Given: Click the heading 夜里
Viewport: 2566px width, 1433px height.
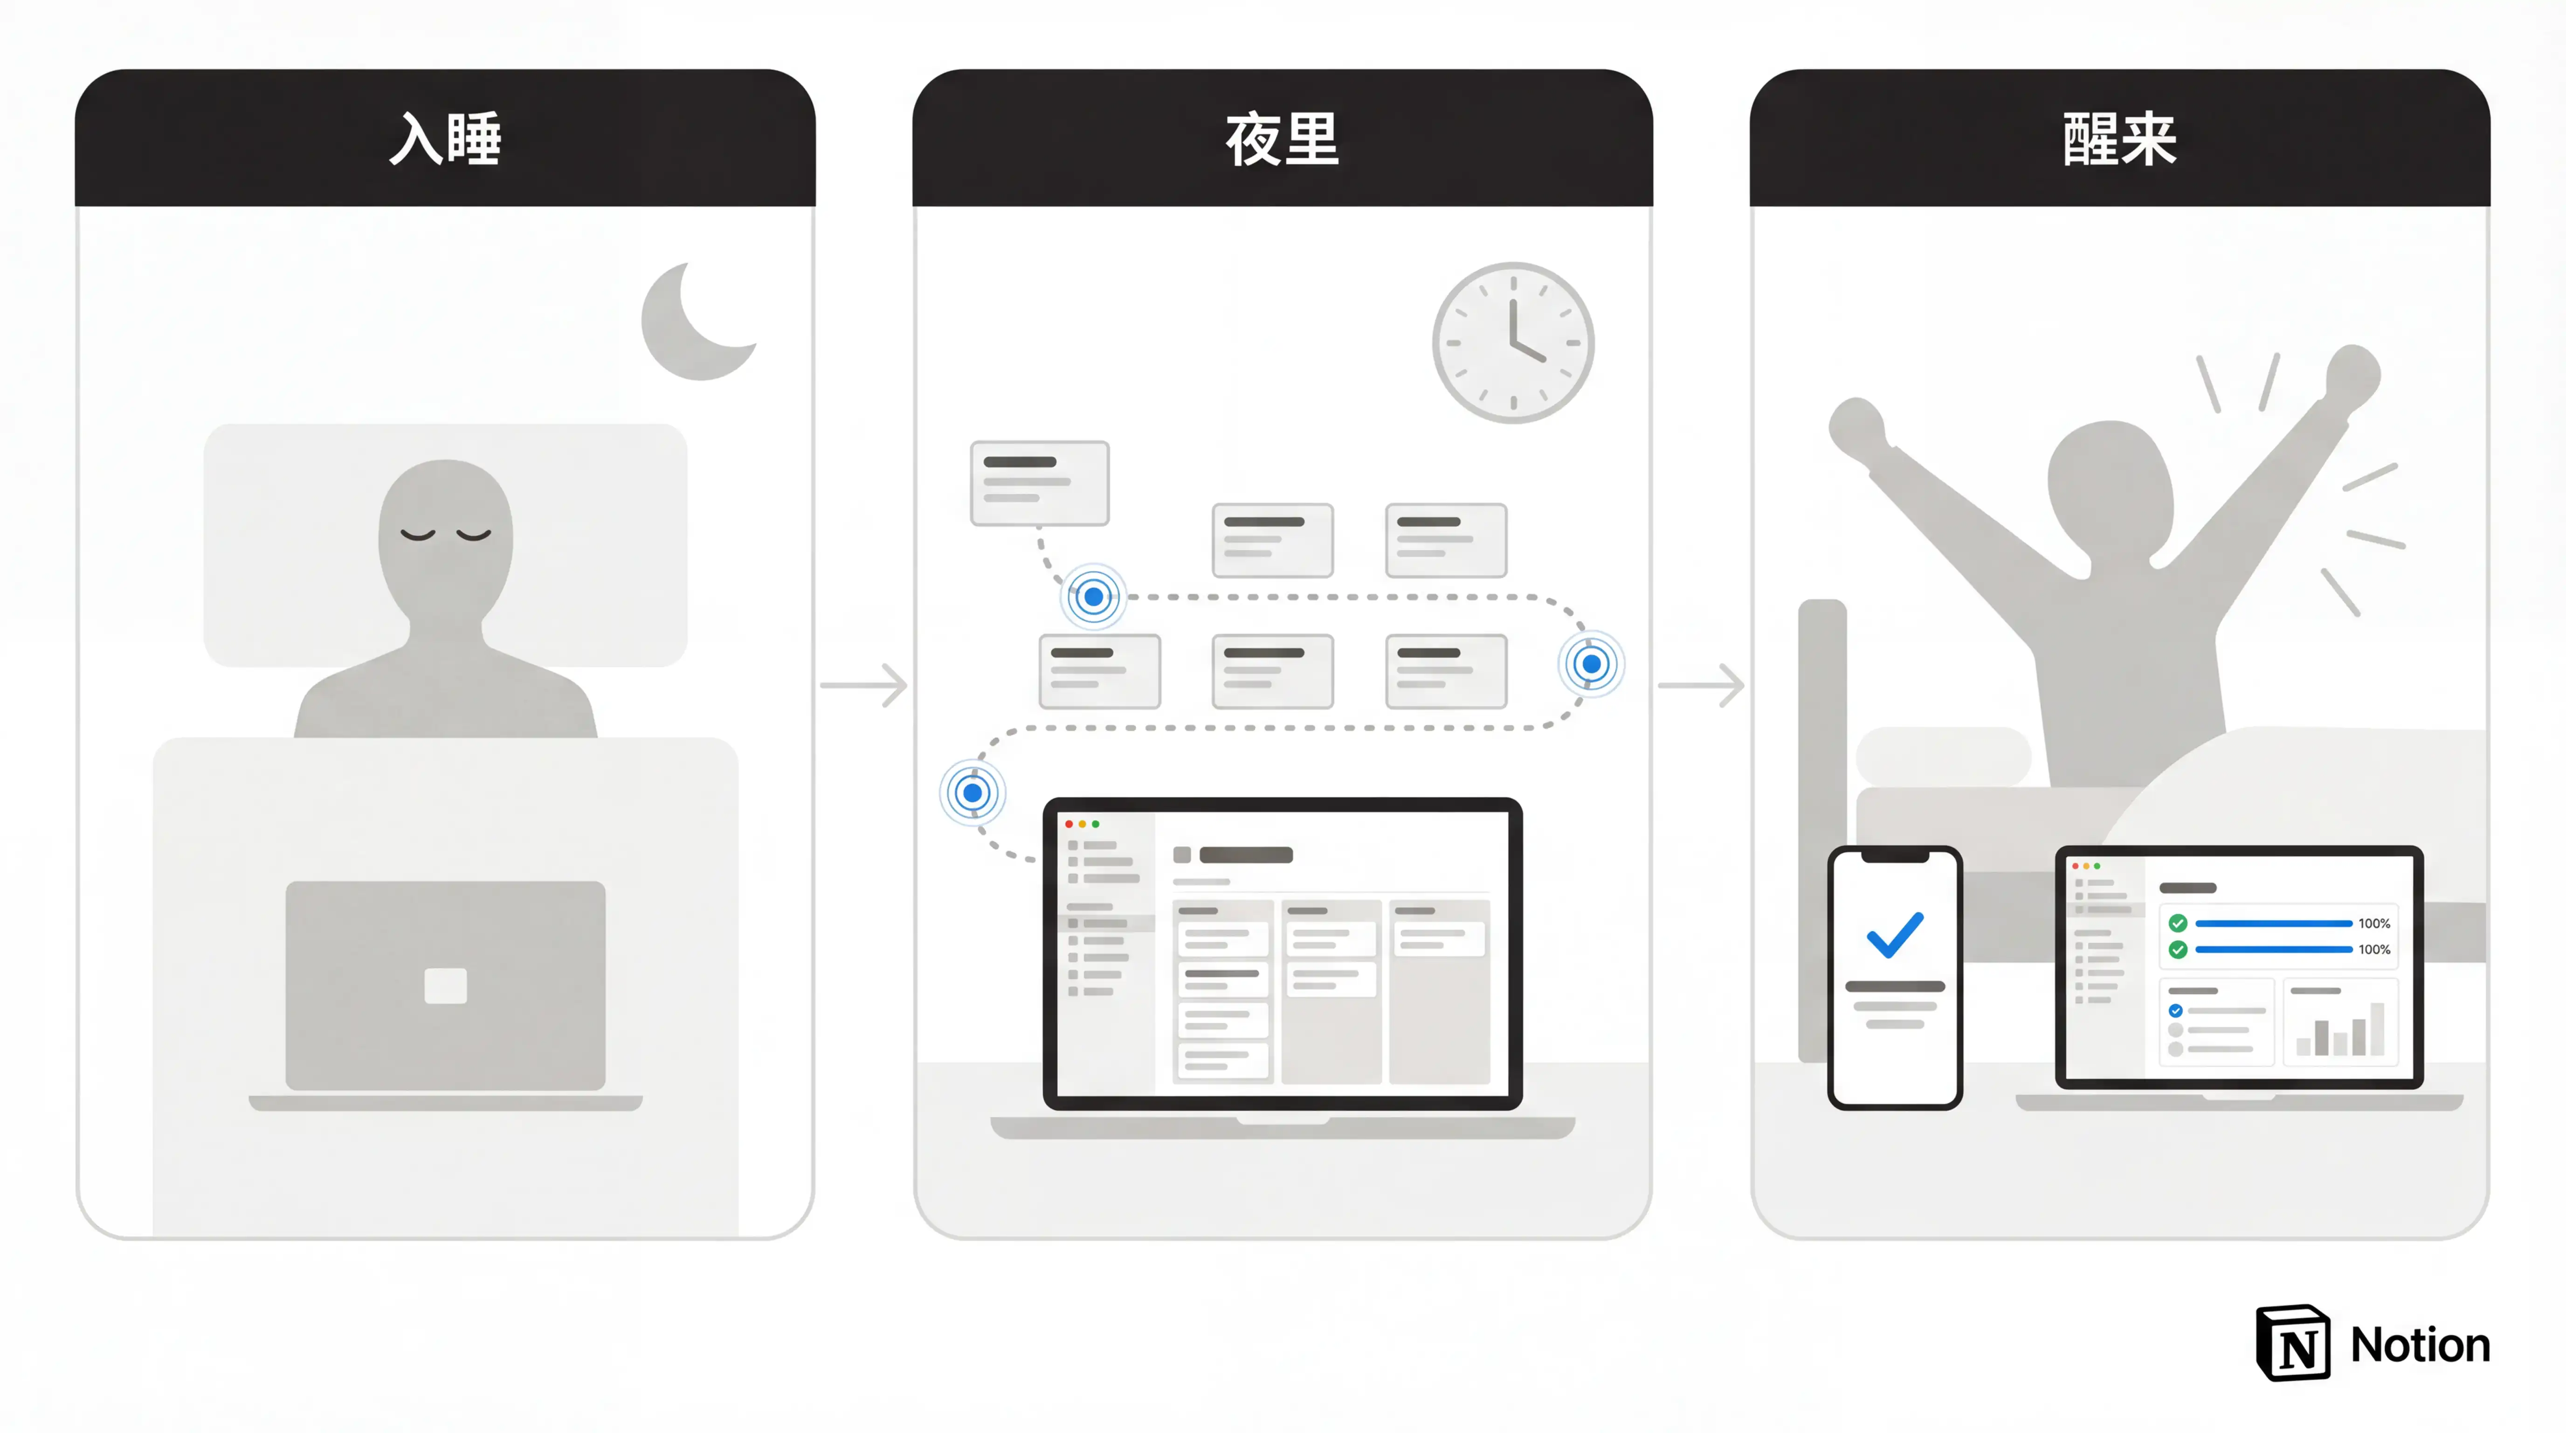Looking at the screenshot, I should coord(1282,139).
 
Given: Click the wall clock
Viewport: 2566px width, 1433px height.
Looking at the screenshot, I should coord(1513,343).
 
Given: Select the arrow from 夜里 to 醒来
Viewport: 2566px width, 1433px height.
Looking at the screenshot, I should coord(1701,685).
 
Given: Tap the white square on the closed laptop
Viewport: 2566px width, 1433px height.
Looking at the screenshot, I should coord(445,986).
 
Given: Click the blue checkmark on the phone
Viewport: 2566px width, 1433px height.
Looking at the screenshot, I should coord(1895,934).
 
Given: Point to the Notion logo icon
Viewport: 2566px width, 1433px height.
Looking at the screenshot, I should coord(2292,1343).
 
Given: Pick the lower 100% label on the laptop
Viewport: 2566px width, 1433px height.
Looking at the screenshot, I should coord(2374,950).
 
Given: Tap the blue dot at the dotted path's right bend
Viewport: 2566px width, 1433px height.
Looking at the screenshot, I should coord(1591,664).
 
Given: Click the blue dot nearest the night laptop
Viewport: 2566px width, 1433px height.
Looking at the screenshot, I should coord(972,793).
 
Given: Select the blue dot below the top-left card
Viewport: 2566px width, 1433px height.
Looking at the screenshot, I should coord(1093,597).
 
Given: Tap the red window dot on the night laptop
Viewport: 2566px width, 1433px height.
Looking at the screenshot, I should coord(1069,824).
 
